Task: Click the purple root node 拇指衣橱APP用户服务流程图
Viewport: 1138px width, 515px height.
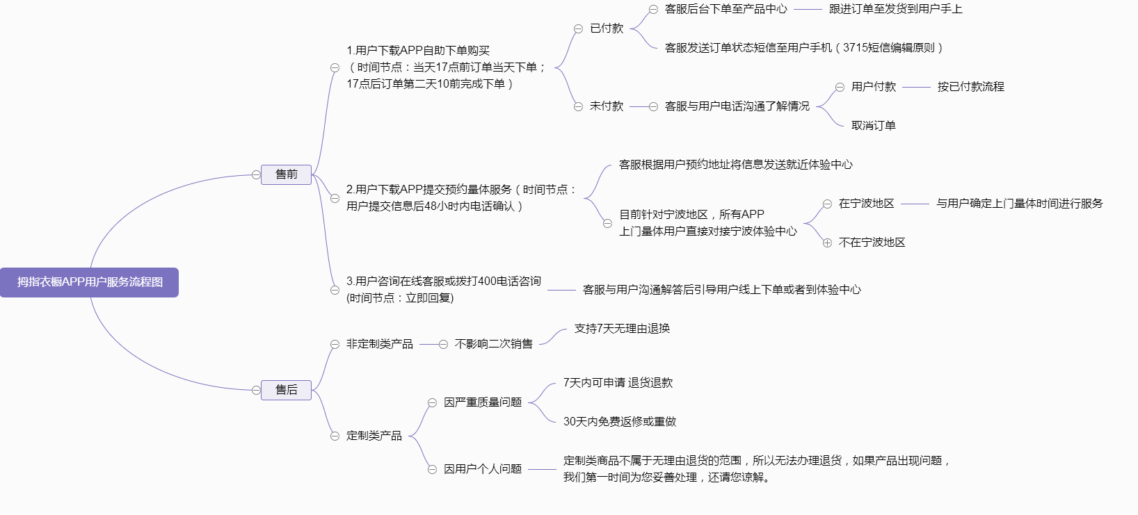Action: tap(89, 282)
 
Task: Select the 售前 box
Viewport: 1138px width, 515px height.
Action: tap(286, 174)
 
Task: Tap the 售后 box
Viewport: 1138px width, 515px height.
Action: tap(286, 390)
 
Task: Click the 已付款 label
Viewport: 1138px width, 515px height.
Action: tap(607, 28)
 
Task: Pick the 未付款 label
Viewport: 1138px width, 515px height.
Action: tap(607, 106)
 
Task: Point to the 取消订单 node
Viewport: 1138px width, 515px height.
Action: tap(874, 126)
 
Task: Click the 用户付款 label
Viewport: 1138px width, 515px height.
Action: tap(874, 87)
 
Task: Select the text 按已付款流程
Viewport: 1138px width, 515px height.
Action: tap(970, 87)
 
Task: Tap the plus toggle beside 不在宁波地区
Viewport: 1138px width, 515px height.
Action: tap(827, 243)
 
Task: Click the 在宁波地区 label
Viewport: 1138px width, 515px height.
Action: tap(866, 204)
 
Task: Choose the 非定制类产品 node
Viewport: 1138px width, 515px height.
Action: tap(379, 344)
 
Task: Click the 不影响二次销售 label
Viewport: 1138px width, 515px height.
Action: tap(494, 344)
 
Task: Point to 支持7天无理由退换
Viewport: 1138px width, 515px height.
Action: tap(622, 329)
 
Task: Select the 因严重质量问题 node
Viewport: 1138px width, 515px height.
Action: tap(483, 402)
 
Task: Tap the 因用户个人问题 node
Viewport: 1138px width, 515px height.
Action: tap(483, 469)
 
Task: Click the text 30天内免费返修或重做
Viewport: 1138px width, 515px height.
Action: tap(620, 422)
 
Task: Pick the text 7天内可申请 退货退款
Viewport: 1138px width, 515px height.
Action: tap(618, 383)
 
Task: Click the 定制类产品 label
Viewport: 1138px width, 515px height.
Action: tap(374, 436)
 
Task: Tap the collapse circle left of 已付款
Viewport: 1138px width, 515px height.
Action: tap(578, 28)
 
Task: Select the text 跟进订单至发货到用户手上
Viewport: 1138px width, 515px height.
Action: tap(895, 9)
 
